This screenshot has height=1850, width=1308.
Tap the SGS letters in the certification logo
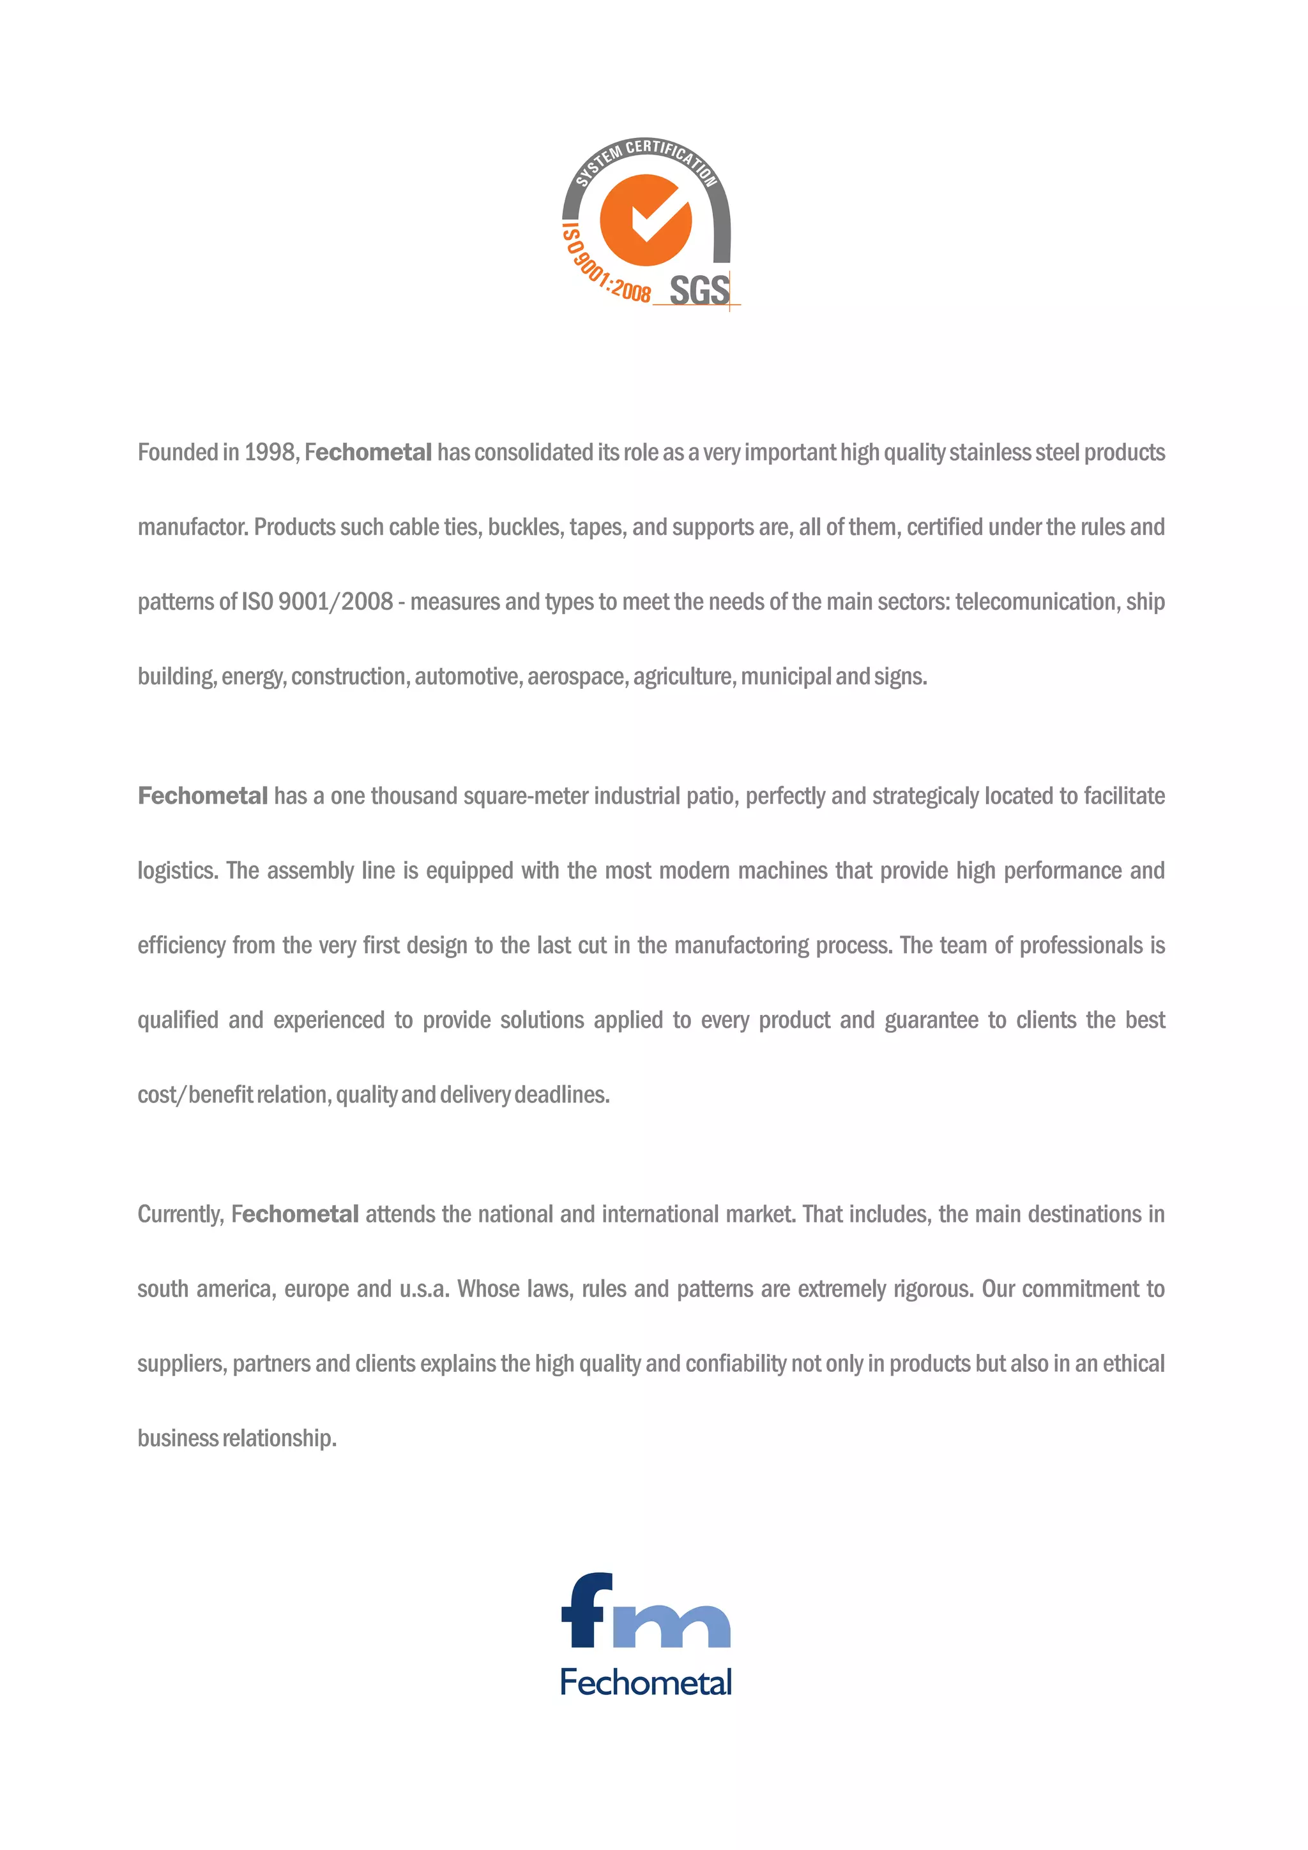tap(699, 290)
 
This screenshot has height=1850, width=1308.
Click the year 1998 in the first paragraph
tap(269, 452)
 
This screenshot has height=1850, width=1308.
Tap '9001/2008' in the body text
tap(335, 602)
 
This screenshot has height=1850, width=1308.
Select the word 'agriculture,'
tap(683, 677)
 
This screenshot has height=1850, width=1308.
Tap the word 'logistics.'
tap(178, 871)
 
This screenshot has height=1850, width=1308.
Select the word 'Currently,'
tap(181, 1214)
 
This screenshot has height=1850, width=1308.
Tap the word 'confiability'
tap(735, 1364)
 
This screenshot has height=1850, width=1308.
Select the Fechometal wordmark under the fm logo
tap(646, 1682)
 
